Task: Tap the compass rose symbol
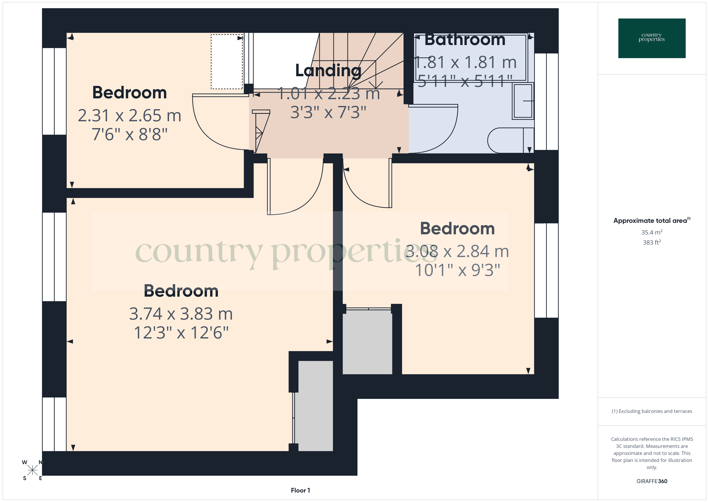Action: point(32,470)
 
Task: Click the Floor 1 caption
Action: point(300,490)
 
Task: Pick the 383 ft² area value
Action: point(652,242)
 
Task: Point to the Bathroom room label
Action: point(465,40)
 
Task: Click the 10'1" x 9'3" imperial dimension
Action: point(457,270)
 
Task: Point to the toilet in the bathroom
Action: point(509,141)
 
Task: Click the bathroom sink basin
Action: point(523,101)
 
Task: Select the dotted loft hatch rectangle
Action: point(227,62)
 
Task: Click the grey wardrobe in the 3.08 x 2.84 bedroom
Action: point(367,342)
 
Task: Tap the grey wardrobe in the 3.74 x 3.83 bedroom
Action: point(315,405)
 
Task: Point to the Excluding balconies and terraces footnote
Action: point(652,411)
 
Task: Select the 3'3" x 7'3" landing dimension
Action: point(328,112)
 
